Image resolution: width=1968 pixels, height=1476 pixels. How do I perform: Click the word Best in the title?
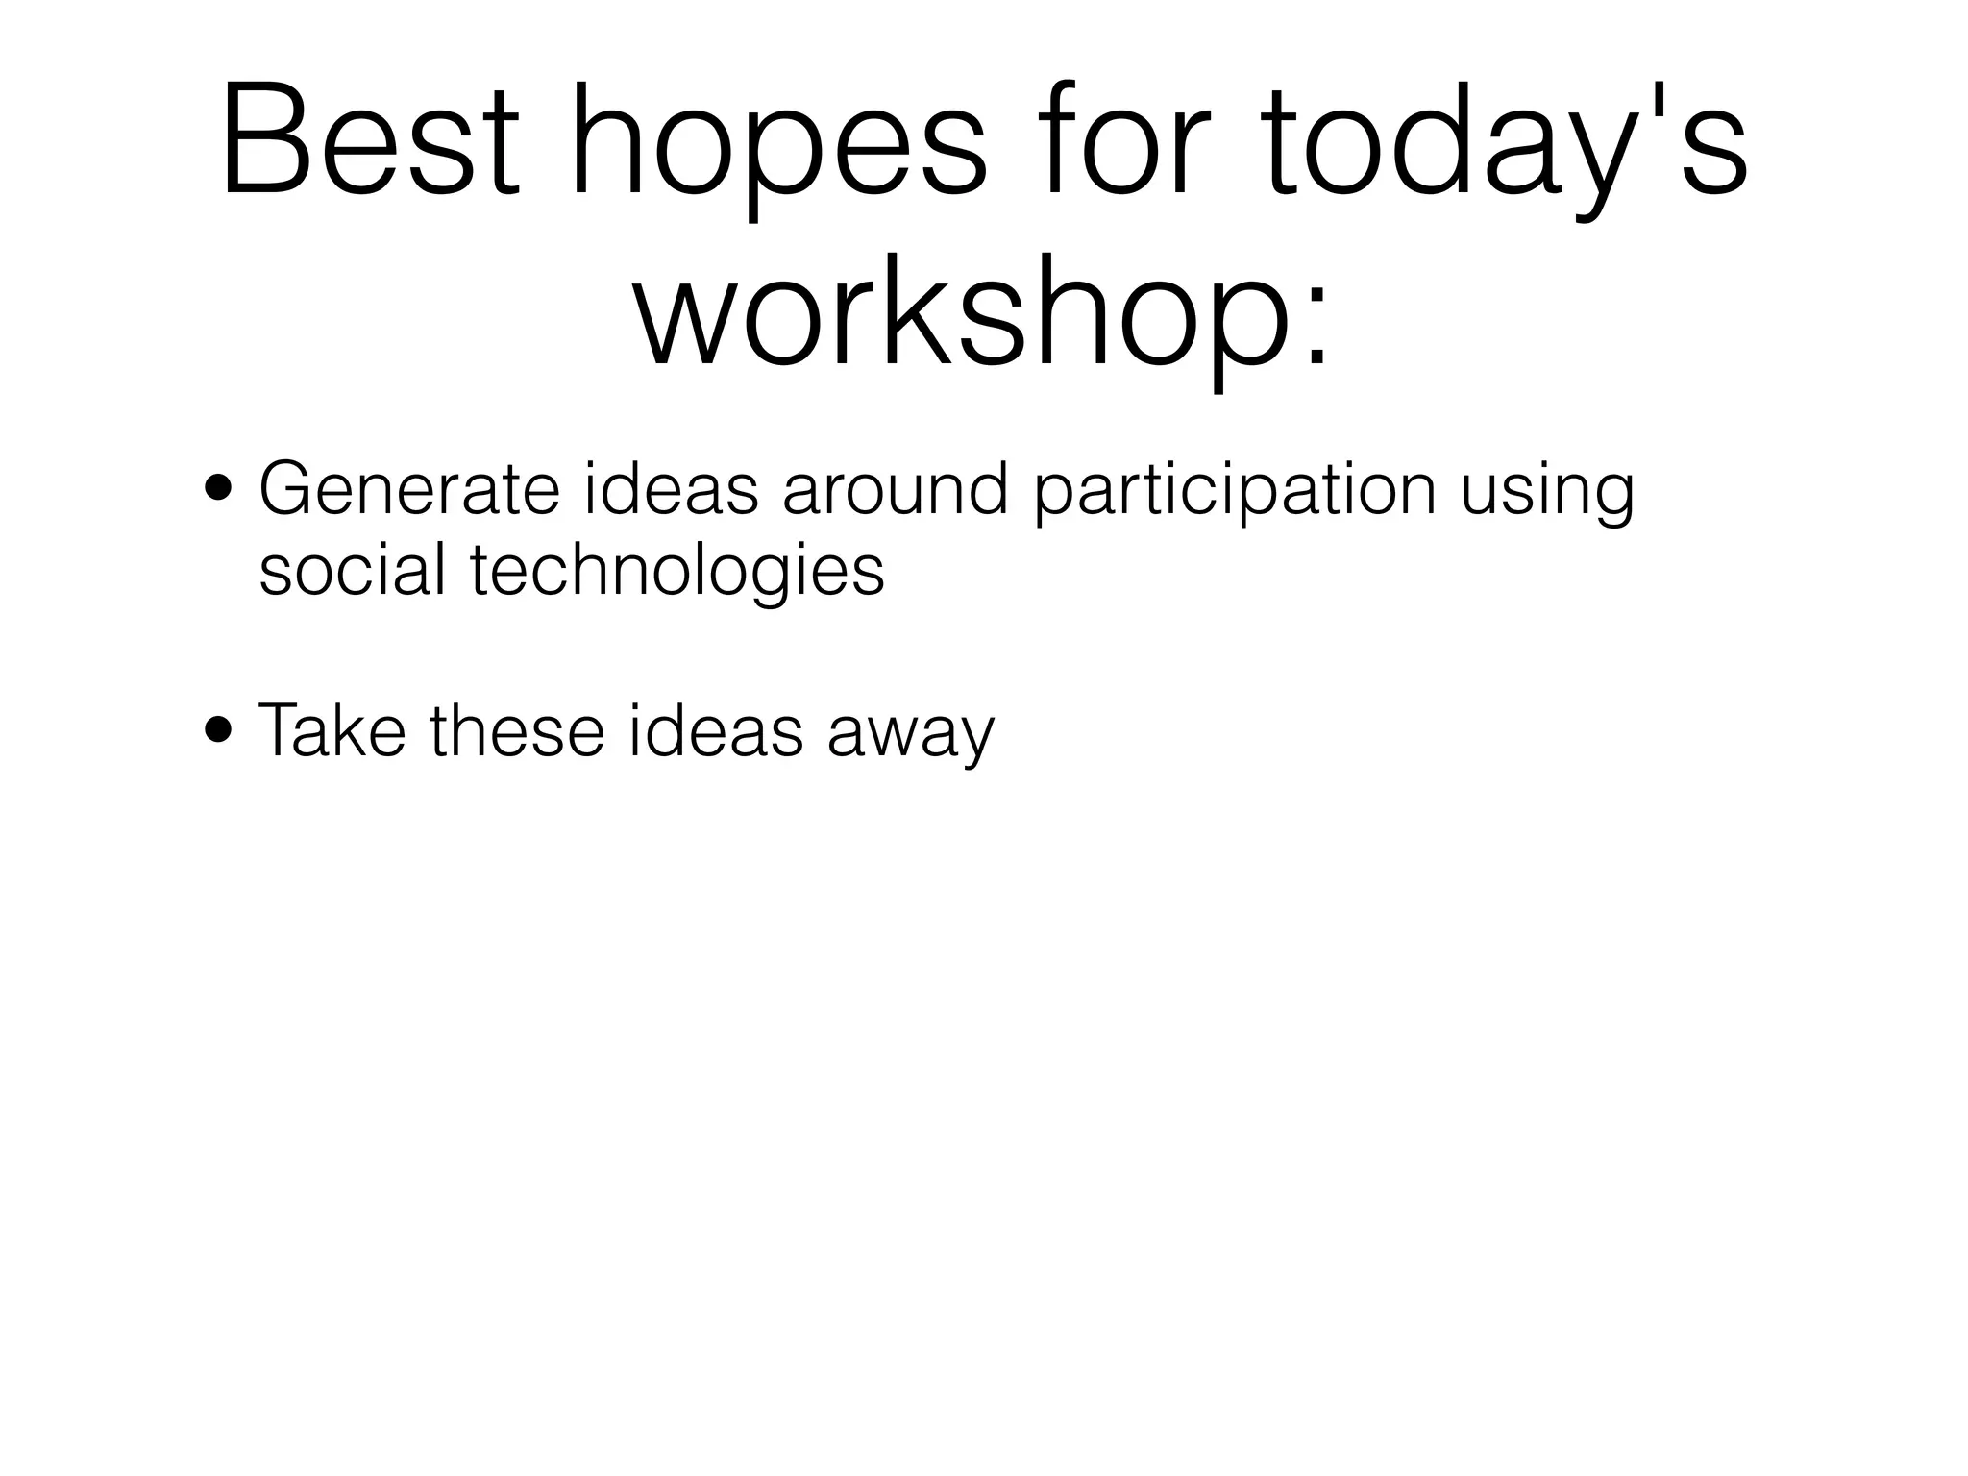(370, 142)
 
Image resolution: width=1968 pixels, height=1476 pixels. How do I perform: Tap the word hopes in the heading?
(778, 142)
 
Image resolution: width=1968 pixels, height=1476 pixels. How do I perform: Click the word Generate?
(408, 490)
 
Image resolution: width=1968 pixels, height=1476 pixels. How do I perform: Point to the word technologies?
(676, 571)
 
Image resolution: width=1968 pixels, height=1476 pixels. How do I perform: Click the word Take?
(332, 730)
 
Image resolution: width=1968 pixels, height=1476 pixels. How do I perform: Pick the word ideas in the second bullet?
(714, 730)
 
